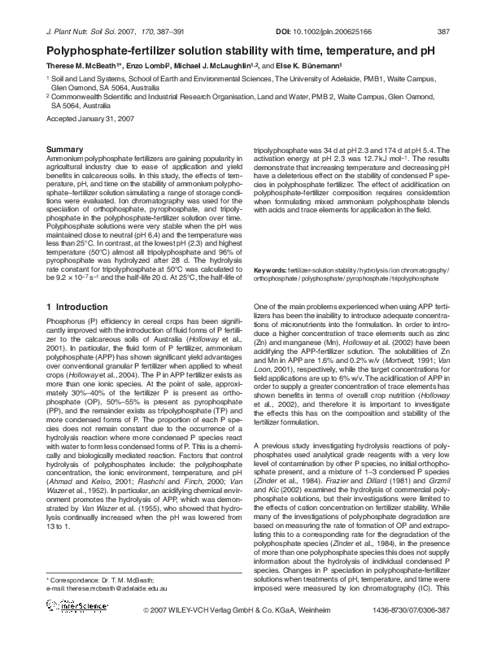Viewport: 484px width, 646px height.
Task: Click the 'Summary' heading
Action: coord(65,151)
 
